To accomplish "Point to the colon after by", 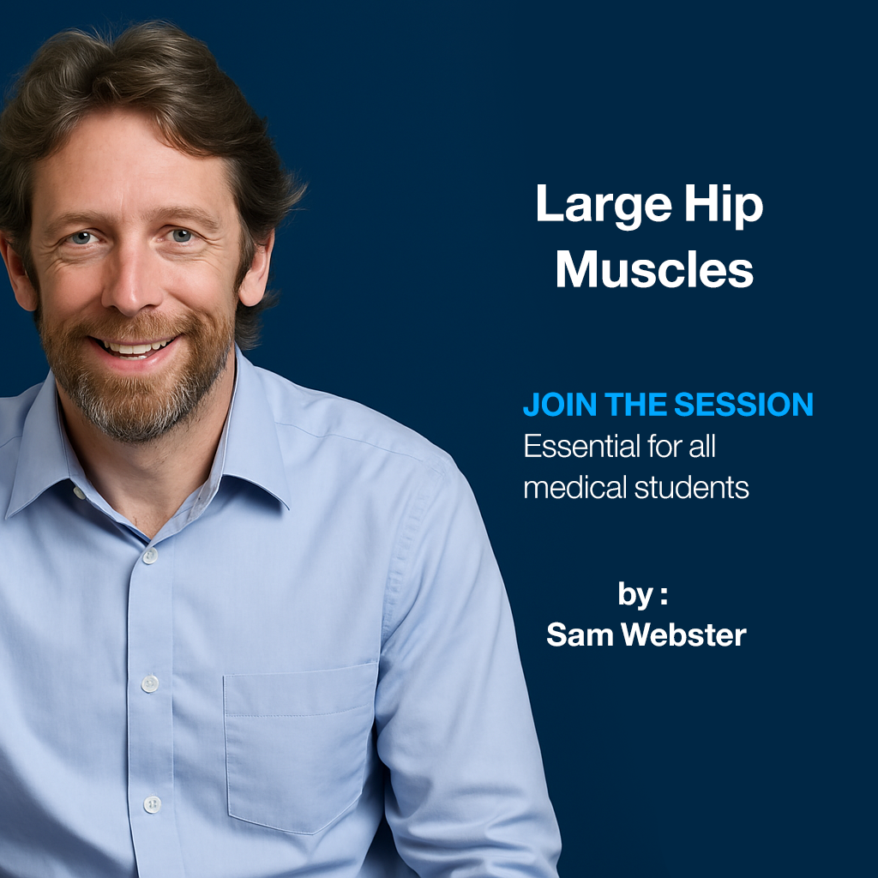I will [664, 596].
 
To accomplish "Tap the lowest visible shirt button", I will [152, 803].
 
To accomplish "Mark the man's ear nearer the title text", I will [257, 279].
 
